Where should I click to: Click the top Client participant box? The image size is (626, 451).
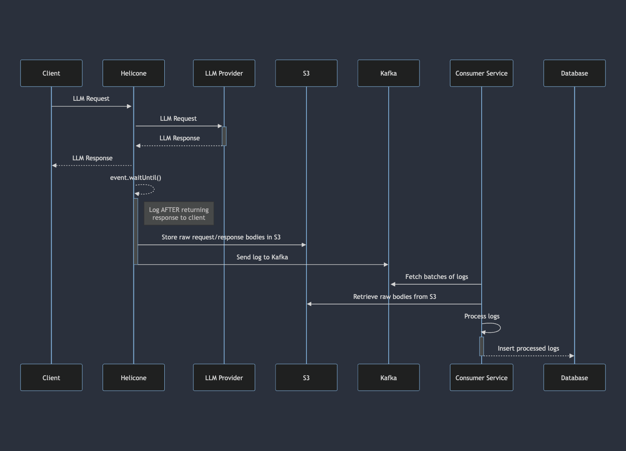coord(51,73)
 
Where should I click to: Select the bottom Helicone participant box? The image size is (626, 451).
coord(133,378)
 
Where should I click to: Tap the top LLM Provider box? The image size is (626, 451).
coord(224,73)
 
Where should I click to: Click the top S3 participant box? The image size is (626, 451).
coord(306,73)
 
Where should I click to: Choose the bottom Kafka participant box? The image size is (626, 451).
coord(388,378)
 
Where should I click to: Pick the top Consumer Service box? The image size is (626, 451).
coord(481,73)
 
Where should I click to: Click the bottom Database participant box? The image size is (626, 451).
coord(574,378)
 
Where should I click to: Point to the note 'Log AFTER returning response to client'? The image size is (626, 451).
coord(179,213)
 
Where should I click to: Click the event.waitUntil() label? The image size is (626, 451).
coord(136,178)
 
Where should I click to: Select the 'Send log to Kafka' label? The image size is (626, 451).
coord(262,257)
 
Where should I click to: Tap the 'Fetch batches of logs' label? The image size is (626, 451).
coord(436,277)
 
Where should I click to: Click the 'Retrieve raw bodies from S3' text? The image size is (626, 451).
coord(394,297)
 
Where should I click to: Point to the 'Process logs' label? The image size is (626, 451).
coord(482,316)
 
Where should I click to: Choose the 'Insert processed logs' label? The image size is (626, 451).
coord(528,348)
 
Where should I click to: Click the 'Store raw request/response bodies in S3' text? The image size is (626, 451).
coord(221,237)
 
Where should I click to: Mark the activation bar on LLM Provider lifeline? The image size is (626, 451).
coord(224,136)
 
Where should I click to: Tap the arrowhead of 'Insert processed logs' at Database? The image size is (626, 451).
coord(572,356)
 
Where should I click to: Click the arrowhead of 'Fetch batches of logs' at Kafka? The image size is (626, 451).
coord(393,284)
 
